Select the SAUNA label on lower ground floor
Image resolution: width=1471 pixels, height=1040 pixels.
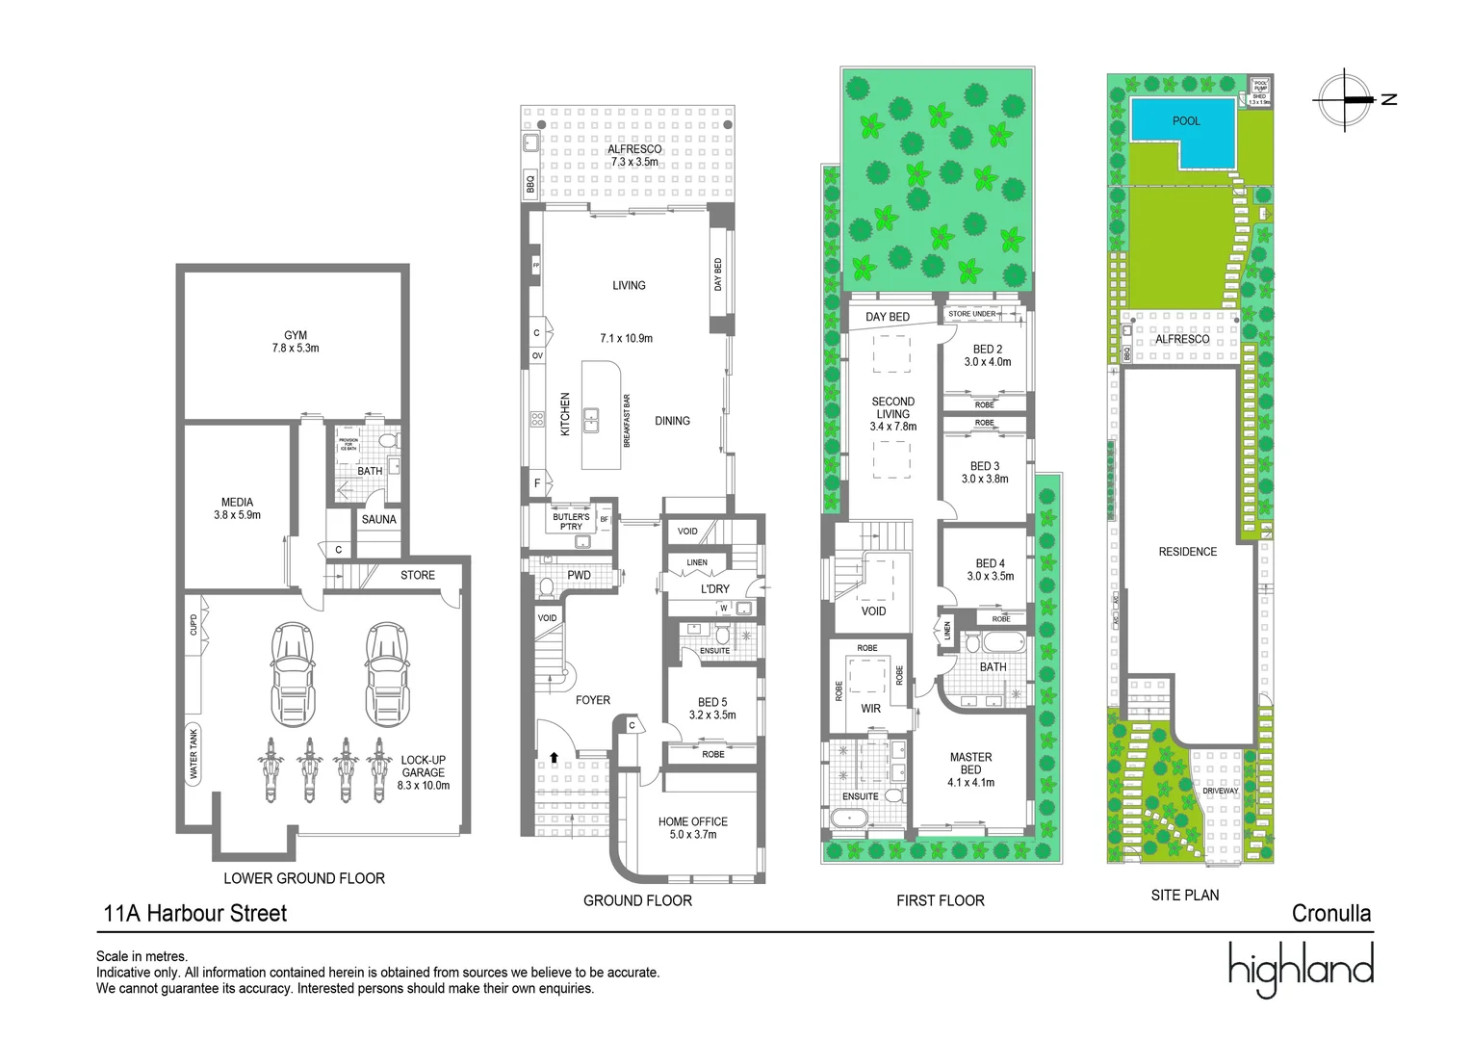tap(378, 519)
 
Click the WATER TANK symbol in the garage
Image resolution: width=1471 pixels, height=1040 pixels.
tap(194, 754)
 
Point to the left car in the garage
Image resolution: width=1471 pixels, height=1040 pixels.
tap(293, 674)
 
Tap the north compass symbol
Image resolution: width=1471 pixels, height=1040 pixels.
tap(1345, 99)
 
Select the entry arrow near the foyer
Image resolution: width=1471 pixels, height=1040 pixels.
tap(554, 757)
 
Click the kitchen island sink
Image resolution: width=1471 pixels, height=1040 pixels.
tap(591, 420)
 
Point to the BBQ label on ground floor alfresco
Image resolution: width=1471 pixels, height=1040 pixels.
tap(530, 183)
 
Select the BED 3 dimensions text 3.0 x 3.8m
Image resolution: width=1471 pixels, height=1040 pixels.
tap(985, 479)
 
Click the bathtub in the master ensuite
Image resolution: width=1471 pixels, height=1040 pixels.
tap(849, 819)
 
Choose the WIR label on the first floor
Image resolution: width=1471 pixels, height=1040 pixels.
tap(870, 709)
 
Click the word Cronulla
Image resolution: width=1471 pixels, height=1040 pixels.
tap(1330, 913)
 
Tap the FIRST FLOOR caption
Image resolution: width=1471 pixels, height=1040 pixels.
tap(940, 900)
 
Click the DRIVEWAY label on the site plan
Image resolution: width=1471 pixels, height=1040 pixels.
tap(1220, 791)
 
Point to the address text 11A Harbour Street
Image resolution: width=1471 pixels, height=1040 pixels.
tap(195, 913)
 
